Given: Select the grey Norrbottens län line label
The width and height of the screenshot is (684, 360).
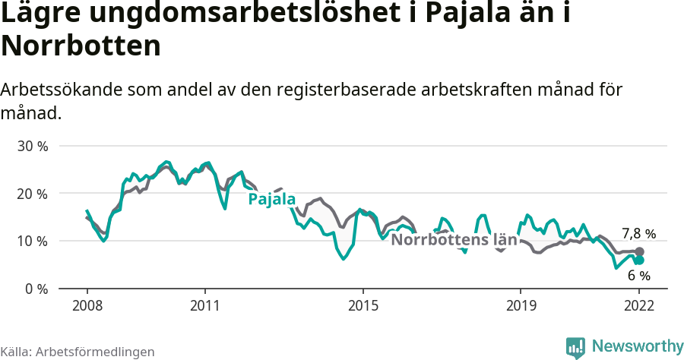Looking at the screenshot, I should click(454, 241).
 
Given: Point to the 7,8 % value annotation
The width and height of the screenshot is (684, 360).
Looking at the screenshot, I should click(638, 234).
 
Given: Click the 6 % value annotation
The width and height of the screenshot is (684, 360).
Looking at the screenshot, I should click(639, 276).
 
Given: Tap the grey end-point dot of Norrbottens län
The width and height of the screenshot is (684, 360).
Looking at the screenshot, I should click(640, 251).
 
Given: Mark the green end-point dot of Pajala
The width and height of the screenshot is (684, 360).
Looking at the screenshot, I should click(640, 261).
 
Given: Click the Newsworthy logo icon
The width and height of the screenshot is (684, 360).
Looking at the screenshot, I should click(576, 346).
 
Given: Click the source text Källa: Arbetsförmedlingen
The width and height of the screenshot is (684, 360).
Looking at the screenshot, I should click(78, 352).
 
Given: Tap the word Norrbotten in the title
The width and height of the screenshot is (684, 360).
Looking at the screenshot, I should click(81, 46).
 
